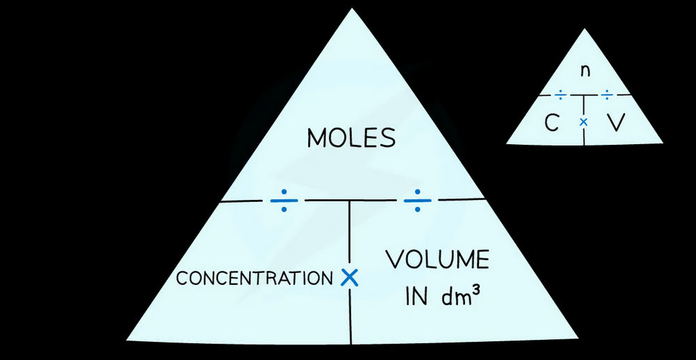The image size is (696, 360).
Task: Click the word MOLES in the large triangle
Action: coord(351,138)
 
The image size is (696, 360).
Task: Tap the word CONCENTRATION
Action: coord(254,279)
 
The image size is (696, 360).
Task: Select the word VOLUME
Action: coord(438,261)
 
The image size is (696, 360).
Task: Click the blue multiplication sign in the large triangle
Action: coord(349,278)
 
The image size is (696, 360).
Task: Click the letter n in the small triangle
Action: coord(585,70)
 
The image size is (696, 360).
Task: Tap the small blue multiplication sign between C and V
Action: coord(584,122)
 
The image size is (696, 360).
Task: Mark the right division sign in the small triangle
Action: coord(608,93)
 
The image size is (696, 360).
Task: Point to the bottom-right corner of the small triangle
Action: coord(661,143)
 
